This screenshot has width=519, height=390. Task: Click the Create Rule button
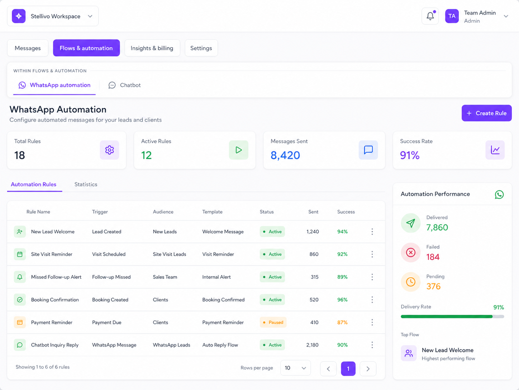point(486,113)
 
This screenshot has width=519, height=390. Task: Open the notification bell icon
point(430,16)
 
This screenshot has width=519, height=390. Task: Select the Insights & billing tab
point(152,48)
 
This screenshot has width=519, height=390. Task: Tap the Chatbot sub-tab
point(125,85)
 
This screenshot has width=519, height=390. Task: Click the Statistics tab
point(86,184)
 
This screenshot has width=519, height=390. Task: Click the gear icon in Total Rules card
point(109,150)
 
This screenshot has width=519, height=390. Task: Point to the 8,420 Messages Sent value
point(285,155)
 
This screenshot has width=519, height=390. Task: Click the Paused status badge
point(273,322)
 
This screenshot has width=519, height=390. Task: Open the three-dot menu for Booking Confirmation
point(372,300)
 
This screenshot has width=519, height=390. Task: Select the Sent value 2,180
point(312,345)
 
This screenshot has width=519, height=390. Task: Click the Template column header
point(212,212)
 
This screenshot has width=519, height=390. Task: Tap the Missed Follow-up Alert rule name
point(56,277)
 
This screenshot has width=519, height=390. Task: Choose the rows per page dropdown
point(295,368)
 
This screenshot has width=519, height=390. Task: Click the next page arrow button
point(368,369)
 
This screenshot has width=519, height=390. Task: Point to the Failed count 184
point(433,257)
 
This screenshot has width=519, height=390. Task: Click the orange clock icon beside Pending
point(411,282)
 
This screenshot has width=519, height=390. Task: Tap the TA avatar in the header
point(452,16)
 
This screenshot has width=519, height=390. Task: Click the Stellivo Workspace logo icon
point(19,16)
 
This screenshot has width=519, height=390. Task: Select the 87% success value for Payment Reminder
point(342,322)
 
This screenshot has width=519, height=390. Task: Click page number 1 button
point(348,369)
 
